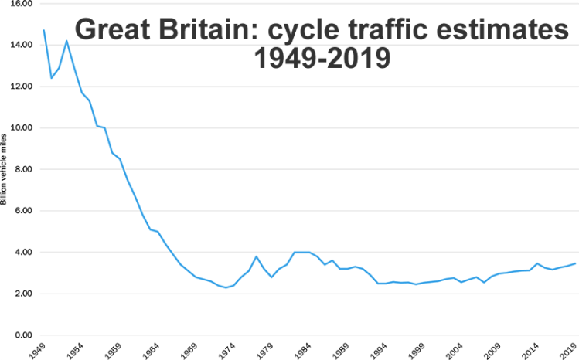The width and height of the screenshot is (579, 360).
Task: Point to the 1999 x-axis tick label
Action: (x=418, y=350)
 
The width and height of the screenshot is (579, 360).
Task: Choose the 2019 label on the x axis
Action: (x=570, y=350)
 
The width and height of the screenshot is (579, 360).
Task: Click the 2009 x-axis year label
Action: (x=495, y=350)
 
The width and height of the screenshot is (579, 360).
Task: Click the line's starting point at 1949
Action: (x=44, y=30)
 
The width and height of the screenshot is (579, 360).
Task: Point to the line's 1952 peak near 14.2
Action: (x=66, y=41)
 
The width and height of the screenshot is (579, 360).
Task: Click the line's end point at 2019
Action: (x=574, y=263)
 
